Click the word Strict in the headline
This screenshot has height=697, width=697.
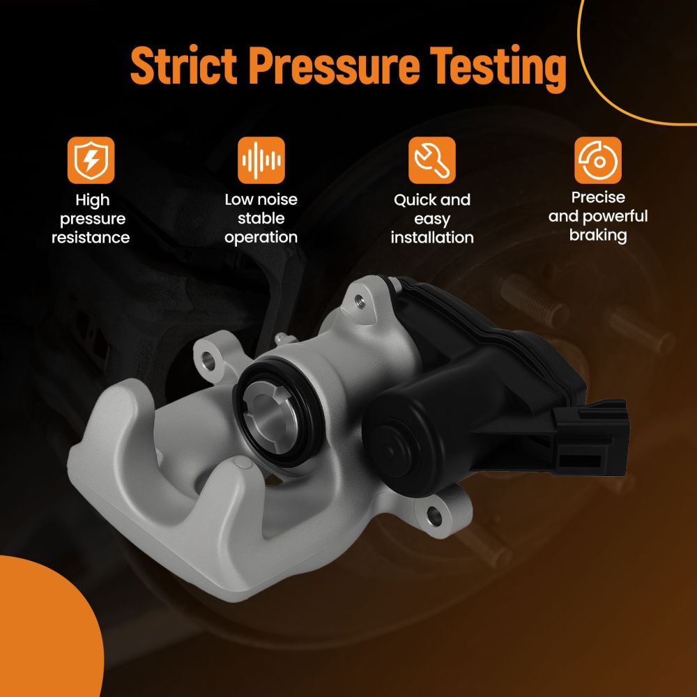coord(183,66)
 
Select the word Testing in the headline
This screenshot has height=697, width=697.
coord(498,68)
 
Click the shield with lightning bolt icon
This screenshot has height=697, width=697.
coord(91,160)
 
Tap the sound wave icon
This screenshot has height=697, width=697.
coord(261,160)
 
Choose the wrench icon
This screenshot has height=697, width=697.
coord(431,160)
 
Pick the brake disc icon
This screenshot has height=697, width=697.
coord(598,160)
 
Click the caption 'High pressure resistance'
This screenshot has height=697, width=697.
coord(91,219)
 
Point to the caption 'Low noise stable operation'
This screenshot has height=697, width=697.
coord(261,218)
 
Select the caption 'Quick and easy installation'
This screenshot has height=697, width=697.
coord(432,218)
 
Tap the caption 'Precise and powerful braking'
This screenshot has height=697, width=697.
coord(598,216)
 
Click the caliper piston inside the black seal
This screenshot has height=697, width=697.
coord(268,413)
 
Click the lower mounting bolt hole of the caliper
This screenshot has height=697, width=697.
coord(434,516)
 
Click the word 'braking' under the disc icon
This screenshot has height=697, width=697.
coord(598,235)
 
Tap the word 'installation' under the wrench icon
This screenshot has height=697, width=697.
coord(432,238)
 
